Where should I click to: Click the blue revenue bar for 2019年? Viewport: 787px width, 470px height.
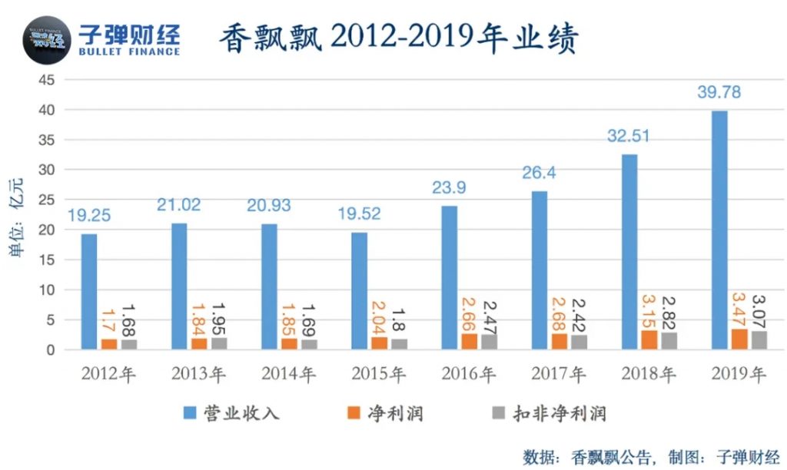click(719, 230)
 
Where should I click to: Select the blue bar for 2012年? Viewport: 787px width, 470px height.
click(89, 292)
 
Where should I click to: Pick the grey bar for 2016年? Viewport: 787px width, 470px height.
click(490, 342)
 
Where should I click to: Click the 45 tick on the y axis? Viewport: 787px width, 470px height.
click(48, 80)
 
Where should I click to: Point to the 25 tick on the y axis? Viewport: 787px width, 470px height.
click(48, 200)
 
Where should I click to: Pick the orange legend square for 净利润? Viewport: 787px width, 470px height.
click(354, 414)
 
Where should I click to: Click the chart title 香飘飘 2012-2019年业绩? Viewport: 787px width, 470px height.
click(399, 38)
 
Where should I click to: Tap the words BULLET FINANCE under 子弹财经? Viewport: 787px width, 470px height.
click(129, 51)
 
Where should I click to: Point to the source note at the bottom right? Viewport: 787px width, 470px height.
click(651, 455)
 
